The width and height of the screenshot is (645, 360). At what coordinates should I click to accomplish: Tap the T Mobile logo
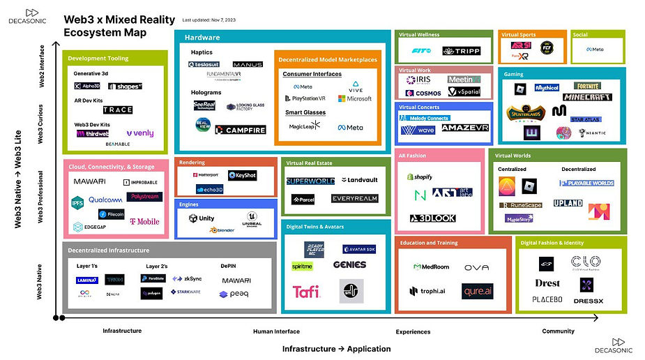coord(144,221)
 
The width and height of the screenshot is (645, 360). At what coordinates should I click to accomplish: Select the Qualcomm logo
coord(105,200)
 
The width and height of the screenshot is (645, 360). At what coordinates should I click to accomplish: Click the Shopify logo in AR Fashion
coord(421,177)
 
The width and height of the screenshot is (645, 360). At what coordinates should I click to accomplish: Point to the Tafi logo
coord(306,292)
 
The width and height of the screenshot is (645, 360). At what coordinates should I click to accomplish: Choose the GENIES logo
coord(349,265)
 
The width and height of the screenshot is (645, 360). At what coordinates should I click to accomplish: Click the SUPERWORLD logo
coord(310,181)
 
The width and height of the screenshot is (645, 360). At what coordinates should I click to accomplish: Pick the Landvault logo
coord(360,180)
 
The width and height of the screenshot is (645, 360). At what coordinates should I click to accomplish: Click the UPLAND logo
coord(568,203)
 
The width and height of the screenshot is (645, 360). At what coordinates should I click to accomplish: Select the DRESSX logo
coord(587,301)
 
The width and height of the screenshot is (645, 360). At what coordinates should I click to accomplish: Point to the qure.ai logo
coord(477,291)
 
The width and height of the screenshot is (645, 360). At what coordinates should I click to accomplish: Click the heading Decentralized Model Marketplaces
coord(326,60)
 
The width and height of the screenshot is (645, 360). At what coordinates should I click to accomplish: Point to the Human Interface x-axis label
coord(276,331)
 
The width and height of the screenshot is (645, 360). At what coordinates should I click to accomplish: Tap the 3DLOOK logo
coord(433,218)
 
